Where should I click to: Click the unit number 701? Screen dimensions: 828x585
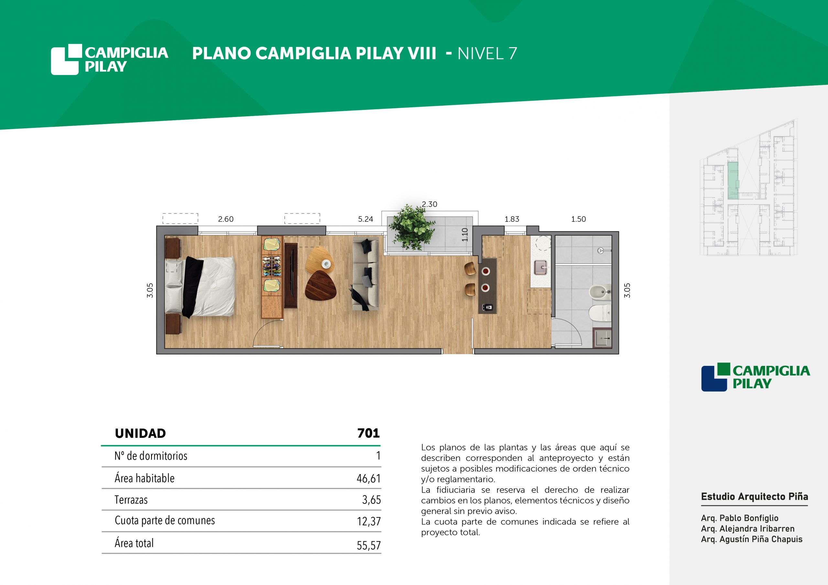[x=368, y=433]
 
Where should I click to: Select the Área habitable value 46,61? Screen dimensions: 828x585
[x=369, y=478]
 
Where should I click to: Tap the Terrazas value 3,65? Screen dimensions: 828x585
[x=371, y=500]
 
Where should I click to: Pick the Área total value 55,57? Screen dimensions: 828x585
[x=369, y=545]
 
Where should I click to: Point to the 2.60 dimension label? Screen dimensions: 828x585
[x=226, y=219]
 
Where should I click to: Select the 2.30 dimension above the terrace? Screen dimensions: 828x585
[x=430, y=204]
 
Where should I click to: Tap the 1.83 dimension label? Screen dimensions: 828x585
[x=512, y=219]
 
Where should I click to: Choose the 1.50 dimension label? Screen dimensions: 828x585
[x=578, y=219]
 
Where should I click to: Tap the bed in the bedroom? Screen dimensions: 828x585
[x=200, y=287]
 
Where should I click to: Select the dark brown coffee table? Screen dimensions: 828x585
[x=320, y=285]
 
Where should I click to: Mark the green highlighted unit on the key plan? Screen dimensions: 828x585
[x=733, y=181]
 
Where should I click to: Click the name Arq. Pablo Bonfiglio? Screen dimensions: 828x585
[x=740, y=518]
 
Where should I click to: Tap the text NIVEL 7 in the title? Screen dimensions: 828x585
[x=487, y=54]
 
